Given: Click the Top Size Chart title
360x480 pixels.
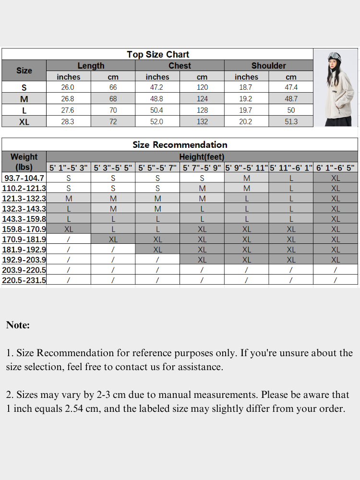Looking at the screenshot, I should pyautogui.click(x=158, y=54).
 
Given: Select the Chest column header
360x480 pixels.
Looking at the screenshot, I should pyautogui.click(x=180, y=66).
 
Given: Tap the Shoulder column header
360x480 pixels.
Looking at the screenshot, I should pyautogui.click(x=268, y=66).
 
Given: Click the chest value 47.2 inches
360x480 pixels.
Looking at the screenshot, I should pyautogui.click(x=157, y=87).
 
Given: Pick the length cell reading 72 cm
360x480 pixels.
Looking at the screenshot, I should pyautogui.click(x=113, y=122).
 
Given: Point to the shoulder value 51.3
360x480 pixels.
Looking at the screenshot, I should pyautogui.click(x=291, y=122).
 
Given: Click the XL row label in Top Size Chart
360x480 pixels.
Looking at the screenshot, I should pyautogui.click(x=24, y=122).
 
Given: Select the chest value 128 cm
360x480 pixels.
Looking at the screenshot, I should pyautogui.click(x=202, y=110).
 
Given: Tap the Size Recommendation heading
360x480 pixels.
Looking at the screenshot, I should pyautogui.click(x=180, y=144).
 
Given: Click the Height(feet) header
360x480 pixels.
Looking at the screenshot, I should pyautogui.click(x=202, y=157).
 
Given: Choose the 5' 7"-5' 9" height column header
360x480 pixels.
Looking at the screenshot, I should pyautogui.click(x=202, y=168).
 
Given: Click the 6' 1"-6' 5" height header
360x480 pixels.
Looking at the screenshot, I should pyautogui.click(x=335, y=168).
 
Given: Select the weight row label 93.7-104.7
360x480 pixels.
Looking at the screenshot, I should pyautogui.click(x=24, y=178).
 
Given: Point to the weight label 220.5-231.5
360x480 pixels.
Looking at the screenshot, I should pyautogui.click(x=24, y=280).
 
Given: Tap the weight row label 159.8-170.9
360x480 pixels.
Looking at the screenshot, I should pyautogui.click(x=24, y=229).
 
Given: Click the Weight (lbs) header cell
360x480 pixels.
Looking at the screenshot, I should pyautogui.click(x=24, y=162).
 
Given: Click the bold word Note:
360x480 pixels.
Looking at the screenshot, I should pyautogui.click(x=18, y=325).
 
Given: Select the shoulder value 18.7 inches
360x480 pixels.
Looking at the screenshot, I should pyautogui.click(x=246, y=87).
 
